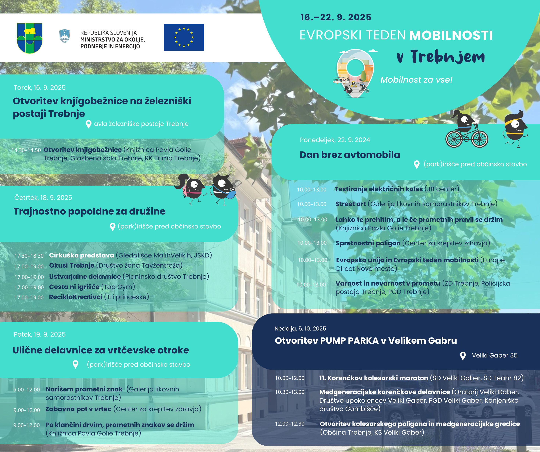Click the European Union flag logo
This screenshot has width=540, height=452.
184,37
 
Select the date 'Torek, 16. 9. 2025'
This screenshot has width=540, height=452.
40,88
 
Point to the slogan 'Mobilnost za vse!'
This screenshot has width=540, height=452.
416,80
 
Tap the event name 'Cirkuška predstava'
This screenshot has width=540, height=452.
81,255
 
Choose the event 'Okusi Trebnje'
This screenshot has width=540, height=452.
72,265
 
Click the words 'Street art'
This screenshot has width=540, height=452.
351,204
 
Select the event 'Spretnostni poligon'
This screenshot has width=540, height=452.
368,243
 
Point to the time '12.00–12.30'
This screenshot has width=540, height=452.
290,424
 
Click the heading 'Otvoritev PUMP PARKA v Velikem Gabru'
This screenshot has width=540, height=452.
366,341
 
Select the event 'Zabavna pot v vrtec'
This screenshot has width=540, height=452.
78,409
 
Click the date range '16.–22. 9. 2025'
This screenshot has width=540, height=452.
336,17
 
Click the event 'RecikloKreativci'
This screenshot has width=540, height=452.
76,297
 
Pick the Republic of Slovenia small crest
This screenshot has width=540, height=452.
65,36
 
